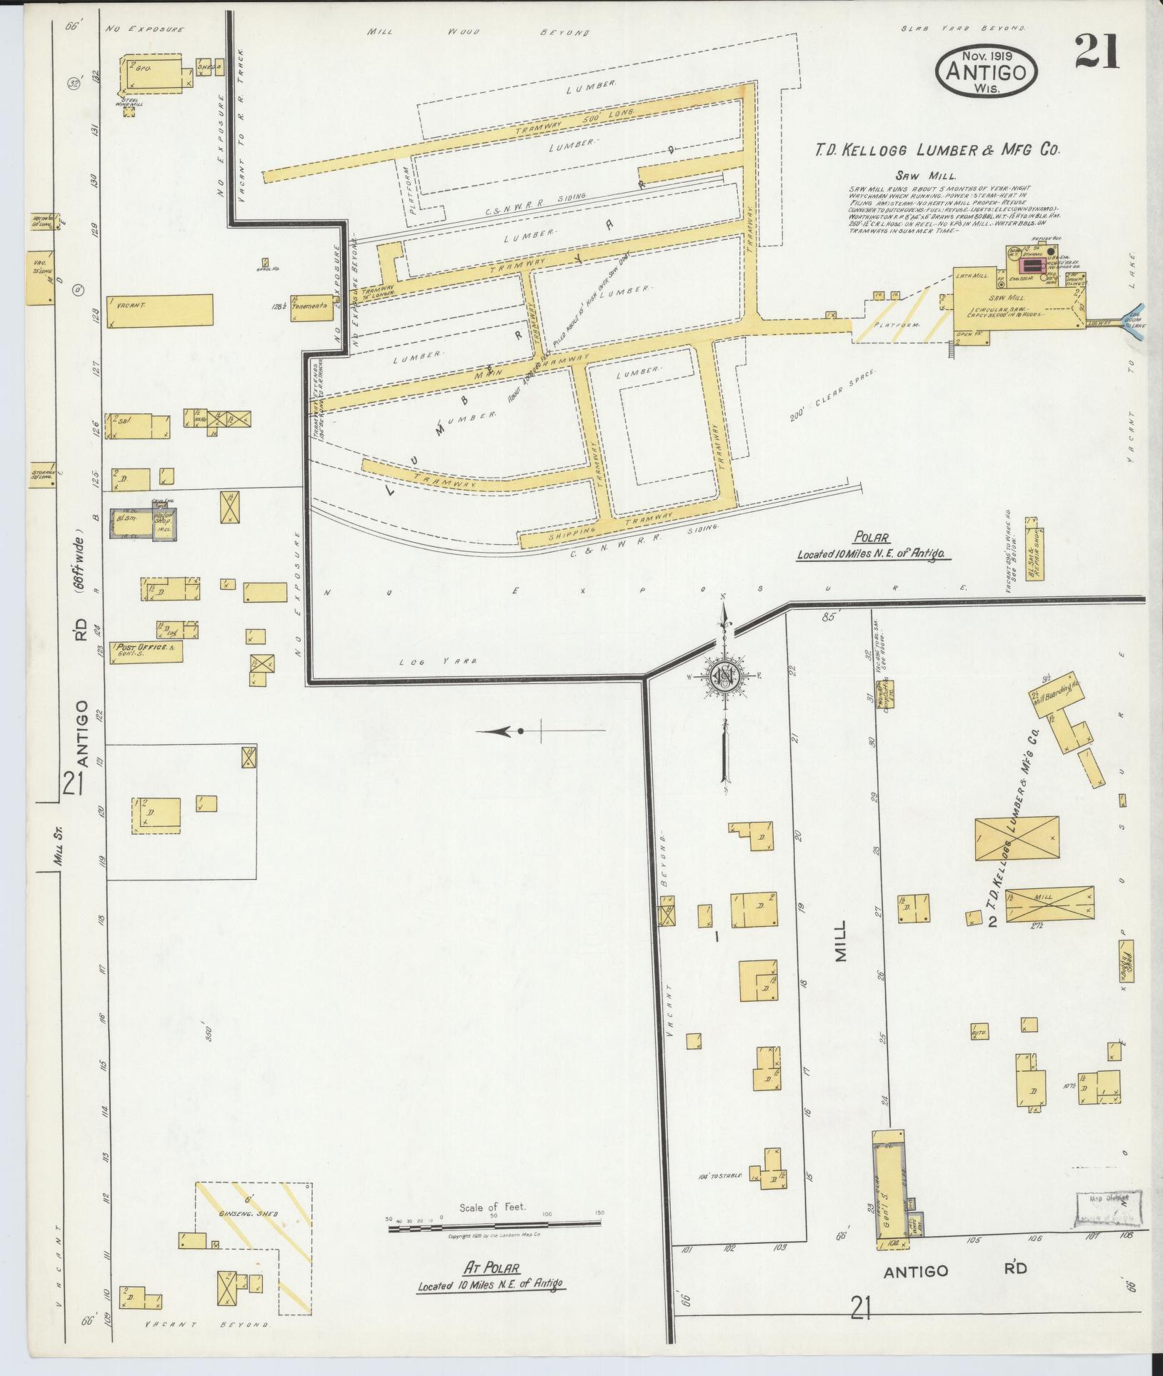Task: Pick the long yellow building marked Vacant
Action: click(160, 311)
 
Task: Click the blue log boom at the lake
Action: click(1133, 321)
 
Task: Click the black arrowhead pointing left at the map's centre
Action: click(503, 731)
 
